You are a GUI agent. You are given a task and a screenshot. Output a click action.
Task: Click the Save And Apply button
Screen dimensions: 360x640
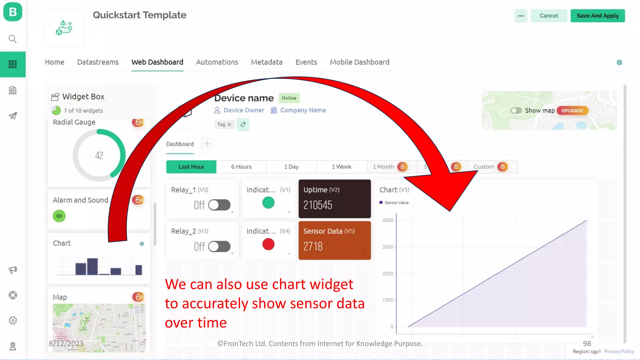click(597, 16)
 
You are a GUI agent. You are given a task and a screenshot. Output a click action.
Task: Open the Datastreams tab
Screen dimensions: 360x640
click(98, 62)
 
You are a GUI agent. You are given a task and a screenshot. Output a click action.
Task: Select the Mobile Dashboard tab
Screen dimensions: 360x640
click(359, 62)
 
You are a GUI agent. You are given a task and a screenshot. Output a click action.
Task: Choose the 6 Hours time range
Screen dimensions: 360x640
click(241, 167)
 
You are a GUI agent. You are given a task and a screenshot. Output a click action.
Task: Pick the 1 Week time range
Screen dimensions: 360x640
click(342, 167)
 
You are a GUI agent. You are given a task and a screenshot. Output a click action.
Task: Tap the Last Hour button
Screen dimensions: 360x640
click(191, 167)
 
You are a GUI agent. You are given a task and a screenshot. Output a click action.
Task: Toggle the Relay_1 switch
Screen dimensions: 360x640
click(219, 205)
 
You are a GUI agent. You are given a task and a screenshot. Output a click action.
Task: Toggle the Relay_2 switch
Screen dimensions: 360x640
click(219, 247)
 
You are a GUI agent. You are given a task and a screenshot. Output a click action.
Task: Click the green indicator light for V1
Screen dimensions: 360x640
click(268, 203)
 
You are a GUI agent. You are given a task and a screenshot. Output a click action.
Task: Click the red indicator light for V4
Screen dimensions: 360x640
click(268, 244)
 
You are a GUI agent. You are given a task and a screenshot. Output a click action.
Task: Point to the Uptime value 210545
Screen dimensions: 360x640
click(317, 205)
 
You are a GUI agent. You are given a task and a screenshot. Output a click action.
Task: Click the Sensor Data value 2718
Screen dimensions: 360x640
click(313, 246)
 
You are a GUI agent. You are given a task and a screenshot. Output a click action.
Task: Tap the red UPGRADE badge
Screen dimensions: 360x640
click(572, 111)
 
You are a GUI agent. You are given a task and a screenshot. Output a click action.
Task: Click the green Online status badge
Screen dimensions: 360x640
click(289, 98)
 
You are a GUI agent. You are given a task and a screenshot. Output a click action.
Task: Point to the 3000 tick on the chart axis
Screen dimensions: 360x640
click(388, 247)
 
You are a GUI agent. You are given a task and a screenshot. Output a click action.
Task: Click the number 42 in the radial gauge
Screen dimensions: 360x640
click(99, 155)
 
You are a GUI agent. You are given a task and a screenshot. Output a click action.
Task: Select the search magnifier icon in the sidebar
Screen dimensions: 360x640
click(12, 39)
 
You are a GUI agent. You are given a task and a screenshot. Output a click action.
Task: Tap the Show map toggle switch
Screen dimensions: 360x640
click(516, 111)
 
